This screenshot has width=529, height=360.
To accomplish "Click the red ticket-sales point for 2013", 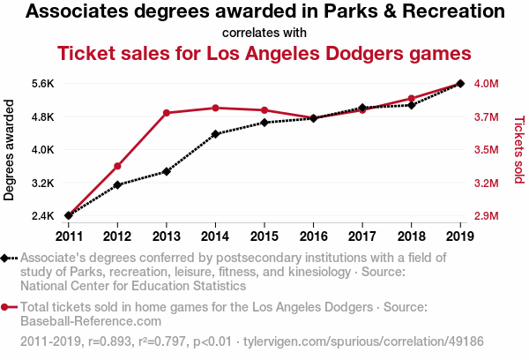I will [x=167, y=113].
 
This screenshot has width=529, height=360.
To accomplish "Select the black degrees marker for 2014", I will [x=215, y=134].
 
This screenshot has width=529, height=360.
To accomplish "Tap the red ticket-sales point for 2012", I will [x=117, y=166].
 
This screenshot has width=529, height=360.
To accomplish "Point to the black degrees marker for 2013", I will [x=167, y=171].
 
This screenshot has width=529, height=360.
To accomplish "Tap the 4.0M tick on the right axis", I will [x=488, y=84].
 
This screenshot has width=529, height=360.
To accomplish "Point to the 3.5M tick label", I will [x=488, y=150].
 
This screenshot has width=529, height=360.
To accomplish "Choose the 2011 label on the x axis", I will [x=69, y=235].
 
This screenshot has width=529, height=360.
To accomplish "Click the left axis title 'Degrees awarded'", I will [x=10, y=150].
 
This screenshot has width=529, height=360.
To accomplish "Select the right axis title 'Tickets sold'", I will [x=518, y=150].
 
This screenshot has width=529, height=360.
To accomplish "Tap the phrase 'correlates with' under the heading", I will [x=264, y=32].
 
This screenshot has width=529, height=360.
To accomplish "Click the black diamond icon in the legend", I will [x=7, y=259].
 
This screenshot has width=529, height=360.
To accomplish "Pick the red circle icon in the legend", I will [x=7, y=308].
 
